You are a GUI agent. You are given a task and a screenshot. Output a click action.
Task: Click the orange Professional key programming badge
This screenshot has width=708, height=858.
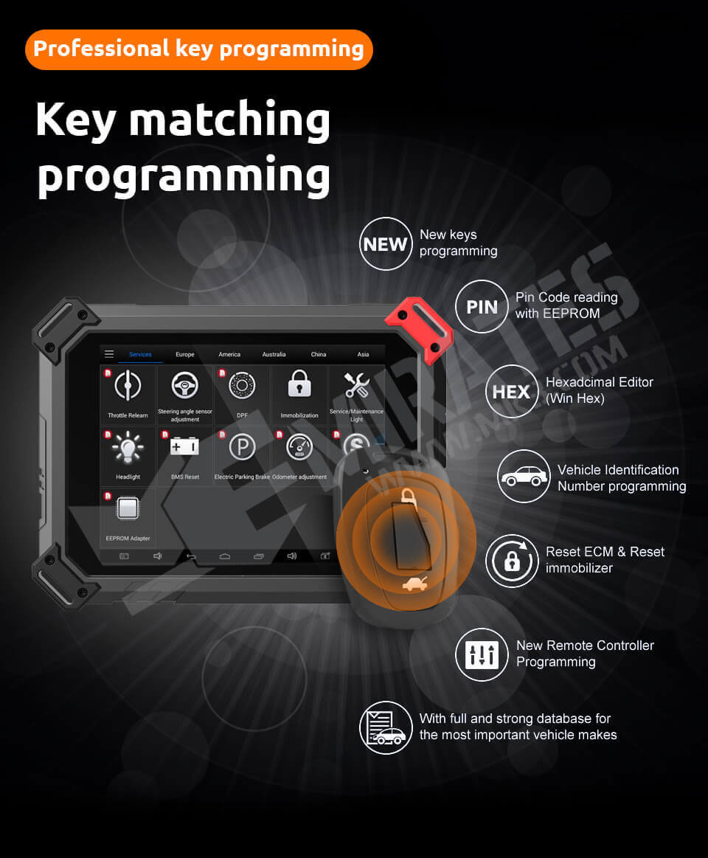tap(199, 49)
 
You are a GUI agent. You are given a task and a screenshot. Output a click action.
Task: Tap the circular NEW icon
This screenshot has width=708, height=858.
tap(386, 243)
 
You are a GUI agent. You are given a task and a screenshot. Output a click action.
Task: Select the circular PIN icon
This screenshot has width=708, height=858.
tap(482, 307)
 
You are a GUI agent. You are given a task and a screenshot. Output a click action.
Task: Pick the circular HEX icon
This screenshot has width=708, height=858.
tap(511, 391)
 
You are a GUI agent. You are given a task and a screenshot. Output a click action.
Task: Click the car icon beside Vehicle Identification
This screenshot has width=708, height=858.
tap(524, 476)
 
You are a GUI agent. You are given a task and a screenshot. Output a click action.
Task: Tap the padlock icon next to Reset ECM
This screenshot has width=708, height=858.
tap(512, 561)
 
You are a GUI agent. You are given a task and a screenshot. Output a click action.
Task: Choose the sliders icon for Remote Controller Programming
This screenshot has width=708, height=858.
tap(482, 654)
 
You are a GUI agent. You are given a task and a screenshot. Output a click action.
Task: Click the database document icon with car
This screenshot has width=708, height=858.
tap(386, 727)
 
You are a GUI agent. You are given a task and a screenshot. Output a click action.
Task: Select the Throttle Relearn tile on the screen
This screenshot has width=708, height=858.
tap(128, 394)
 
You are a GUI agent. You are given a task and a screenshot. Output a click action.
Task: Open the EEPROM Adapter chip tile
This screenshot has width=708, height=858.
tap(128, 516)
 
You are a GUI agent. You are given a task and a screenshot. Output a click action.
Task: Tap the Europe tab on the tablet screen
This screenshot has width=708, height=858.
tap(185, 354)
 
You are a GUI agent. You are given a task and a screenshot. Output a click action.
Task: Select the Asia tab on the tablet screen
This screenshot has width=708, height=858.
tap(363, 354)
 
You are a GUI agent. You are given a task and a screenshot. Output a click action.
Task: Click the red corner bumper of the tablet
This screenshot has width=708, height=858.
tap(418, 325)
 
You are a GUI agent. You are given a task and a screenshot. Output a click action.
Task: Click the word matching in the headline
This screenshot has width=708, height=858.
tap(229, 120)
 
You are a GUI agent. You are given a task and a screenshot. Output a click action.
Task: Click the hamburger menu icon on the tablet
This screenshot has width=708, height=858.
tap(109, 354)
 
